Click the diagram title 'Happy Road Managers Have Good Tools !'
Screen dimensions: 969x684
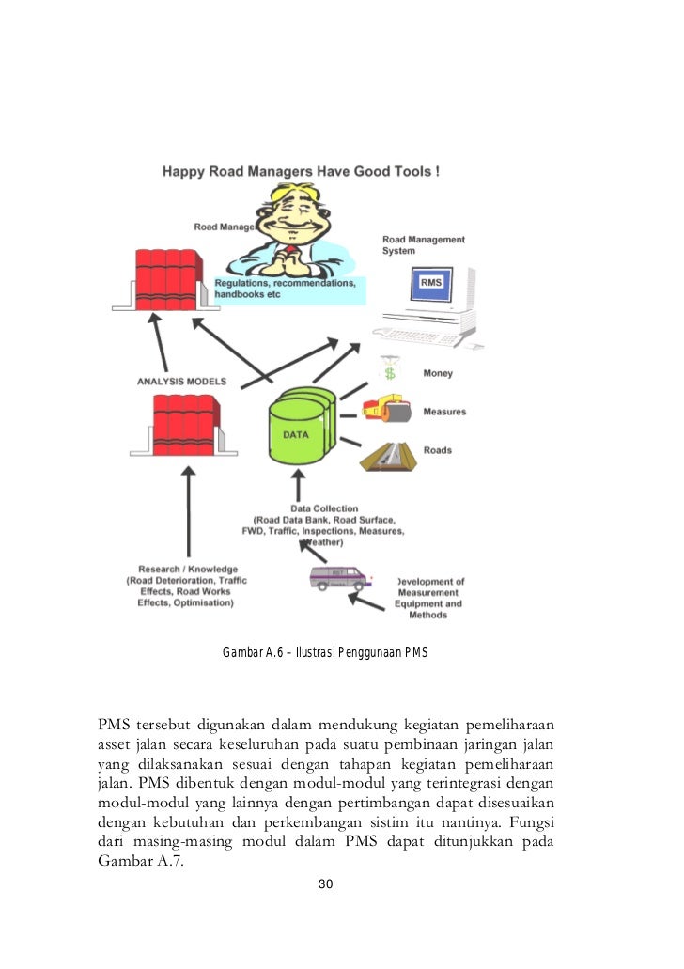301,172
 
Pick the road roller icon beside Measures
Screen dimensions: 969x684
386,411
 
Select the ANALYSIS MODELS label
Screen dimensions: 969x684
182,381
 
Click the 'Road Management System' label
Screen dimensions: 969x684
423,245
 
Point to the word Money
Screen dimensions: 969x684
438,373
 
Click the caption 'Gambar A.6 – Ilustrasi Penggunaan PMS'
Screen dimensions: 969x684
324,651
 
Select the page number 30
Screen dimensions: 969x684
326,884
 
